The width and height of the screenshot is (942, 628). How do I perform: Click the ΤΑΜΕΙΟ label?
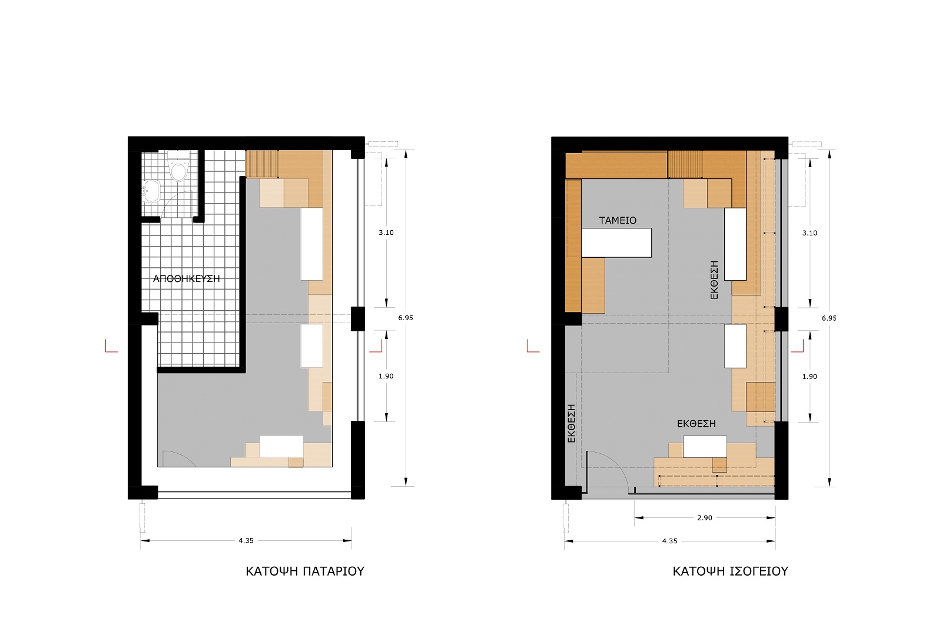coord(618,220)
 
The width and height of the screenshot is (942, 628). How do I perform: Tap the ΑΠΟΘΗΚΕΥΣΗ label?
coord(186,279)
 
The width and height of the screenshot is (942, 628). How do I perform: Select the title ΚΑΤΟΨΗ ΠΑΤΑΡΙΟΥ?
coord(305,571)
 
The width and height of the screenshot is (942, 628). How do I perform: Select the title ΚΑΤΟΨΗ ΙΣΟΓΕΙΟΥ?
coord(730,571)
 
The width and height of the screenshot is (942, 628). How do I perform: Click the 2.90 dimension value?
coord(704,518)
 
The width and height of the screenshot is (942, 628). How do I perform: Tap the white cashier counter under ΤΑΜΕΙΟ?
coord(616,242)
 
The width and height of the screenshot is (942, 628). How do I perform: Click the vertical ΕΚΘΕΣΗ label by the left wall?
coord(571,423)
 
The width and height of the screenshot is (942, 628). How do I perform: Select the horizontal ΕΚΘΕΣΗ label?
coord(696,424)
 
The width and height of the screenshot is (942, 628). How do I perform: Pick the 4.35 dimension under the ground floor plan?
coord(669,541)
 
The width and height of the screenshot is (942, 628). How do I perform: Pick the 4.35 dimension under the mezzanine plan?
coord(246,540)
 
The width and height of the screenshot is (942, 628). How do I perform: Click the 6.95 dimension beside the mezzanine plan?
coord(406,318)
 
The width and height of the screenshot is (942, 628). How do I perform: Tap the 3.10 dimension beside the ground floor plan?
coord(810,233)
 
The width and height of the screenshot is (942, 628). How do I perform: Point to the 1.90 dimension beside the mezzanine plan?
coord(386,376)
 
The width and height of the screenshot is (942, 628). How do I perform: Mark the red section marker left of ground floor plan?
coord(533,346)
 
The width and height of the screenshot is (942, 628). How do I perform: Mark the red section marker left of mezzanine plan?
coord(111,346)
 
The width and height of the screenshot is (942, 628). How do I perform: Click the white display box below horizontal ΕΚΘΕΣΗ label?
coord(705,447)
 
